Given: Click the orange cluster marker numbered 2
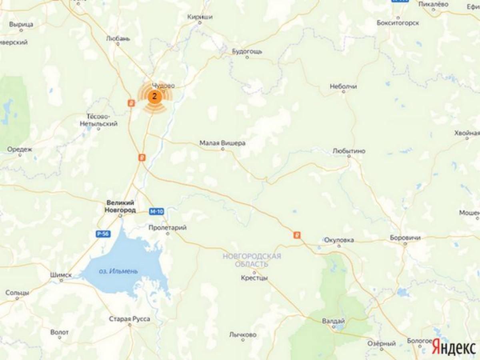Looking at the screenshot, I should [x=154, y=96].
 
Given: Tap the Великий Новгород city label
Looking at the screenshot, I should [x=120, y=206].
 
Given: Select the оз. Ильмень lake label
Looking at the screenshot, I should [x=118, y=272].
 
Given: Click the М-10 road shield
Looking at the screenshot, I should [x=156, y=212].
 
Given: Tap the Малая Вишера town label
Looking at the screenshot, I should [x=222, y=143].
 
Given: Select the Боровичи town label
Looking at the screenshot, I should [x=405, y=238].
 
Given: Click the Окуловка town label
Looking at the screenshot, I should [x=339, y=240].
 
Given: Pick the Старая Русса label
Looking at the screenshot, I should [x=130, y=319].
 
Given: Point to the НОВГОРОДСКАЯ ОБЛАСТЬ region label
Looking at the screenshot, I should [x=252, y=260].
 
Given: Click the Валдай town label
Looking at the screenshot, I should [x=333, y=321].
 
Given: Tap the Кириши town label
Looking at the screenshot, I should [x=200, y=17].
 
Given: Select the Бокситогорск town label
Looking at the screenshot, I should [x=398, y=23].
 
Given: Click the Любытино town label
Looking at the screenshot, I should [x=349, y=151].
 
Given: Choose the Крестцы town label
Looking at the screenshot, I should [x=254, y=278].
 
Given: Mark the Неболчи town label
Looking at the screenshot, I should [x=343, y=86].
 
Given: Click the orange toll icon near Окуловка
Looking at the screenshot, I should [x=297, y=235].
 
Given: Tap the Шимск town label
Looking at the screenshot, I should [x=61, y=275].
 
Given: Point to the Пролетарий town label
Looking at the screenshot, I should [x=167, y=228].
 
